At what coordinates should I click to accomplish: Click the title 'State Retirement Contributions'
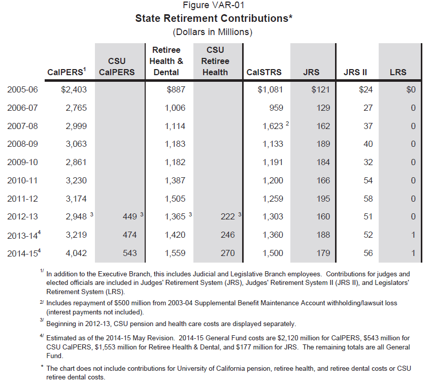212,19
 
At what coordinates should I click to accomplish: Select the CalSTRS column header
263,72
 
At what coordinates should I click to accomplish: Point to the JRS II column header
355,72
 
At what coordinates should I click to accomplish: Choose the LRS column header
398,72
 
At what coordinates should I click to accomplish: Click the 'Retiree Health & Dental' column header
166,61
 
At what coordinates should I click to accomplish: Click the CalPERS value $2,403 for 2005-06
74,90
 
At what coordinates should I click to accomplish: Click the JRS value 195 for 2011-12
323,199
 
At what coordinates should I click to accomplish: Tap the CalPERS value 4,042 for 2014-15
76,253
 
